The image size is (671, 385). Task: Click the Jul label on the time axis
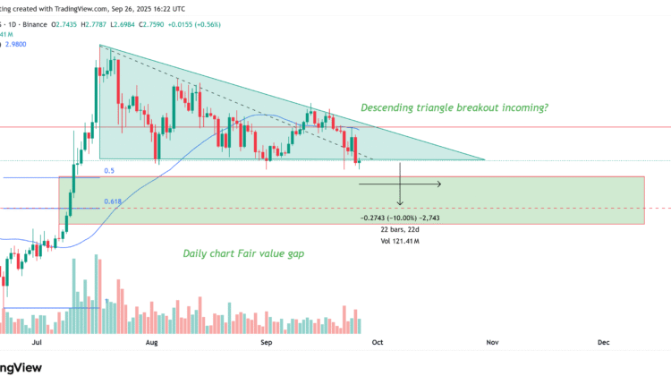[x=37, y=342]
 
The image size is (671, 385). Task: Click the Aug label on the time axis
[x=151, y=342]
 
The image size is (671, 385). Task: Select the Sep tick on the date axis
[x=266, y=342]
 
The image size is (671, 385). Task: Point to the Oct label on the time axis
[x=377, y=342]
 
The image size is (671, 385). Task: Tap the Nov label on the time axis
[x=491, y=342]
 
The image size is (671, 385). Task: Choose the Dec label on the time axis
[x=603, y=342]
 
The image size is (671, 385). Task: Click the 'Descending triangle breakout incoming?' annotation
[x=454, y=108]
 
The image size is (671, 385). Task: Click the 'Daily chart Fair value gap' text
[x=243, y=253]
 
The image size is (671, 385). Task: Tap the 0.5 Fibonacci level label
[x=109, y=170]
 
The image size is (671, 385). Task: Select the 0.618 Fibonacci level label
[x=113, y=202]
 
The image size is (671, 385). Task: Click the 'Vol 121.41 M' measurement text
[x=400, y=242]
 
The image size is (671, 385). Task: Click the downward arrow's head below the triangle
[x=400, y=206]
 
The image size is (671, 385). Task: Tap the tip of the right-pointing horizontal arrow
[x=440, y=184]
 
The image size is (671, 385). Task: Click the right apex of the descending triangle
[x=484, y=159]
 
